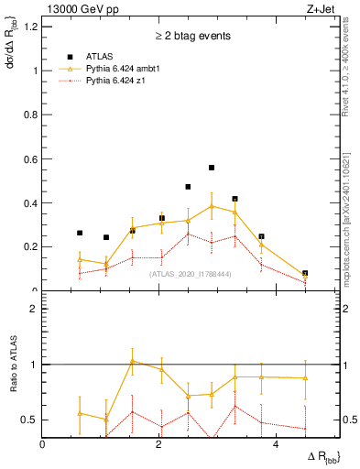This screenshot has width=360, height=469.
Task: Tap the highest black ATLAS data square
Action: [212, 168]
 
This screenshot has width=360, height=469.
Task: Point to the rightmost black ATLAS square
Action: [305, 273]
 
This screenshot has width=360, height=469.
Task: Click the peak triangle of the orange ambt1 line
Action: [212, 206]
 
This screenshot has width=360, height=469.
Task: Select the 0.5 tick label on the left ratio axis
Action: [29, 420]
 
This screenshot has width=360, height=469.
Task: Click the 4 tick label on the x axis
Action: [276, 445]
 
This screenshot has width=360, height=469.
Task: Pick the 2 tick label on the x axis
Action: [159, 445]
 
